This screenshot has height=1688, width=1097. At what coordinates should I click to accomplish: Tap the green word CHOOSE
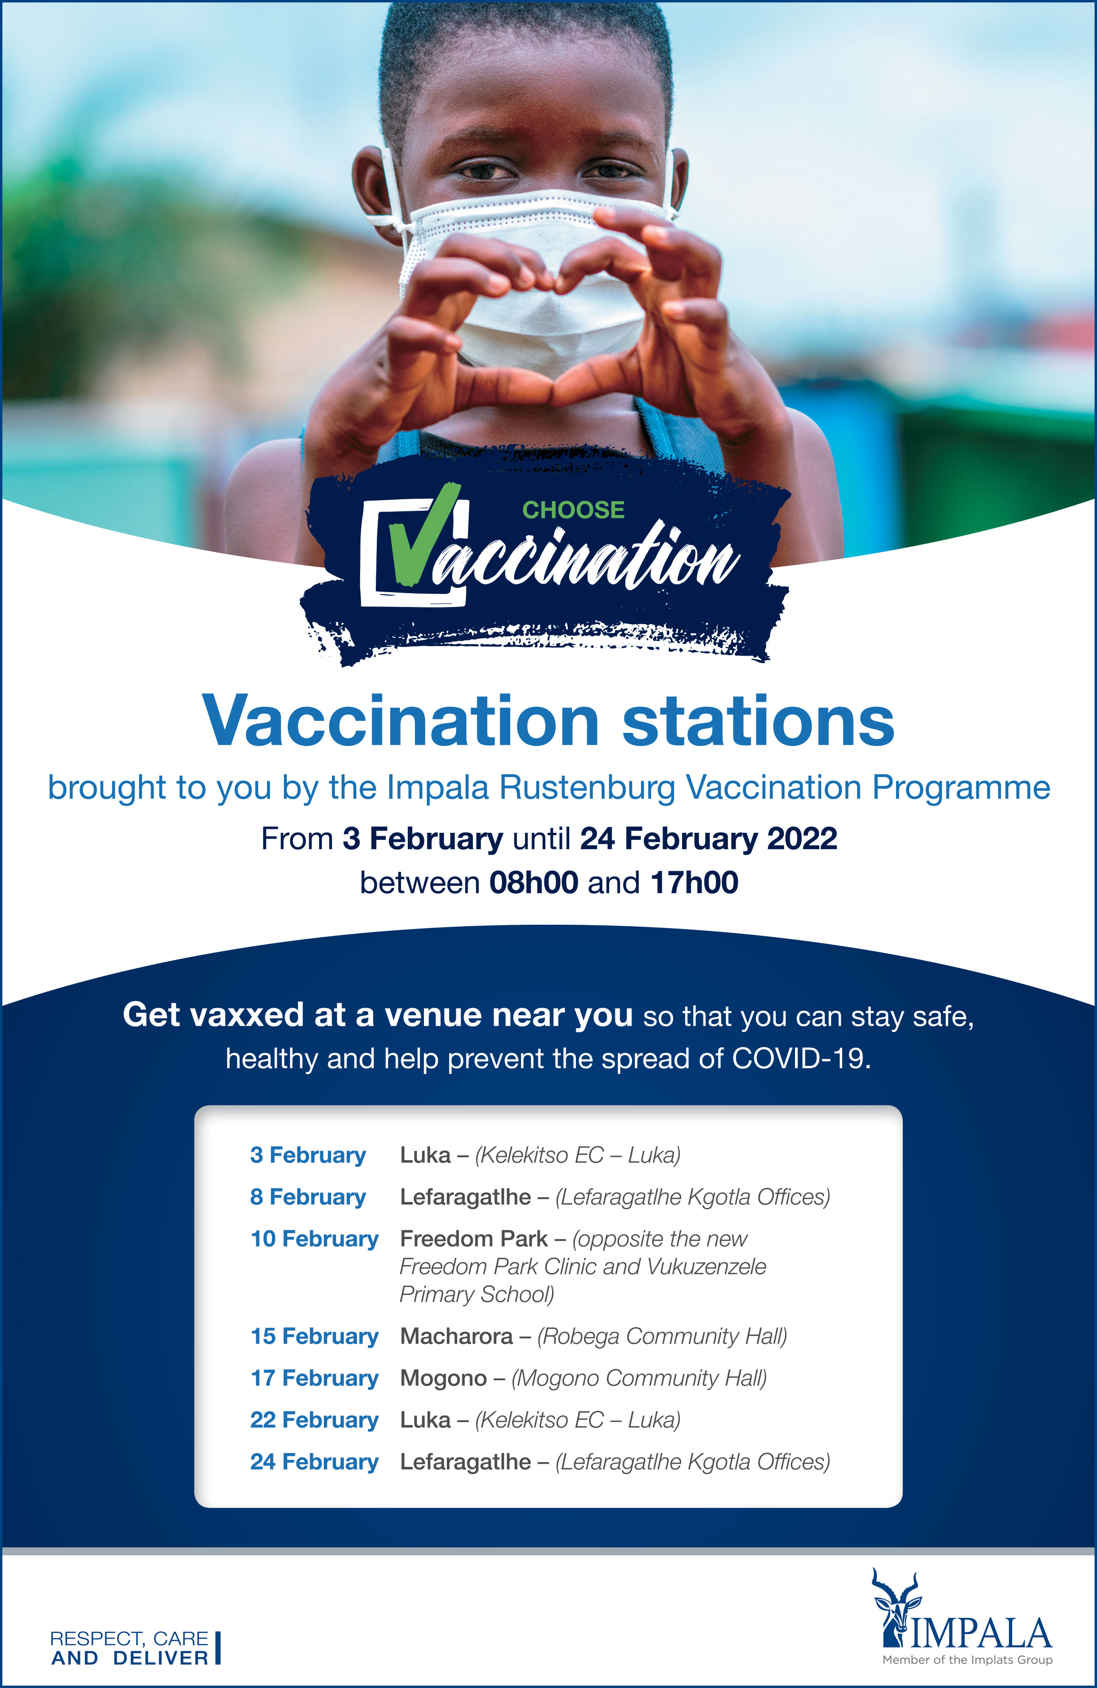click(x=573, y=510)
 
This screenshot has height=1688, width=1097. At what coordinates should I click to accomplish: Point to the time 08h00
click(x=533, y=883)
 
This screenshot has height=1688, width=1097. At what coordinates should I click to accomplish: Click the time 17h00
click(x=694, y=883)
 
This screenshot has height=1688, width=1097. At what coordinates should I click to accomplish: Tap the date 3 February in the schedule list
click(x=308, y=1155)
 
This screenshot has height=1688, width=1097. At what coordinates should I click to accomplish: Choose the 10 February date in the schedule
click(x=314, y=1239)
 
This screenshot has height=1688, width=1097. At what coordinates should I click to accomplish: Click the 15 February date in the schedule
click(x=314, y=1336)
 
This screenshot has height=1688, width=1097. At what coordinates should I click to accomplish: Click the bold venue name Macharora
click(x=456, y=1336)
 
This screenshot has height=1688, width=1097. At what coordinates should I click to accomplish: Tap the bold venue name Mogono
click(x=443, y=1378)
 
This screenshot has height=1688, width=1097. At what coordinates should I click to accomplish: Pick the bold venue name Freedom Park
click(x=473, y=1239)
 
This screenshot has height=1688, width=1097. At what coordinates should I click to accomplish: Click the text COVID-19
click(x=801, y=1059)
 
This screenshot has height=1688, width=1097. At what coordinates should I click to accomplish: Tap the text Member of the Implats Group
click(x=967, y=1659)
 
